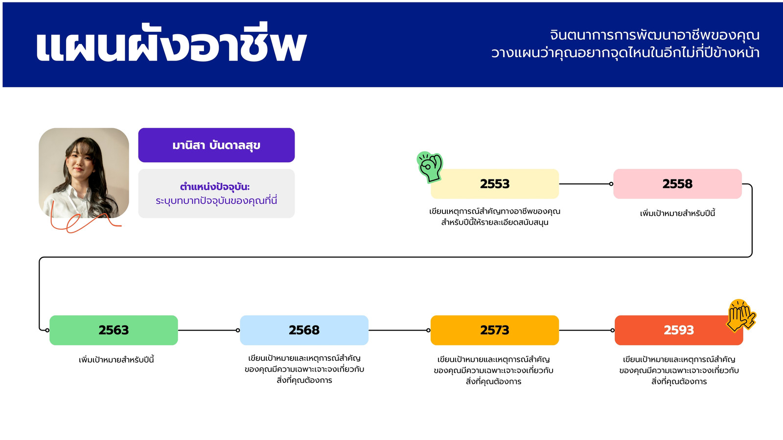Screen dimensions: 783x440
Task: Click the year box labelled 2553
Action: point(495,184)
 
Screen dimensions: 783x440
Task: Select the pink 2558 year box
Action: point(677,184)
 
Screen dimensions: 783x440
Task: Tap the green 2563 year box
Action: point(114,330)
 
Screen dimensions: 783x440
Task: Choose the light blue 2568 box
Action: point(304,330)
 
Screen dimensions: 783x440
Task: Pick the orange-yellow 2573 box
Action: point(495,330)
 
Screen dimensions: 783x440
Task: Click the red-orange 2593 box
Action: point(679,330)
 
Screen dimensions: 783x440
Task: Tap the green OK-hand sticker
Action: point(430,167)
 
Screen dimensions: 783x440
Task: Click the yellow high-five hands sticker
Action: point(741,315)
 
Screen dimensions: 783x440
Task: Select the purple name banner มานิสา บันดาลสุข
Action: point(216,145)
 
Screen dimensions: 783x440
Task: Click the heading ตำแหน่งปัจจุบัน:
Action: point(215,187)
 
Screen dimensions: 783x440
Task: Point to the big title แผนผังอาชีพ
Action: point(171,44)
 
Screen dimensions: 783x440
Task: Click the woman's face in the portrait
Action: point(80,164)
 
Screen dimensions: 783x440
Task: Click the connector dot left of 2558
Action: point(611,184)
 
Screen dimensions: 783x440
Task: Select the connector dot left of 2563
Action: point(47,330)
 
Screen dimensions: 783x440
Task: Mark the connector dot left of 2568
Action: point(238,330)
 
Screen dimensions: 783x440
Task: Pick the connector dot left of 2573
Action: point(428,330)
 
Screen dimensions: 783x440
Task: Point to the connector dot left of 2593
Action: point(612,330)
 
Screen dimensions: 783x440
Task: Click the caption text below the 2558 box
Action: point(677,213)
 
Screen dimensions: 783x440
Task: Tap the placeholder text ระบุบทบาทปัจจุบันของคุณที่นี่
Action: point(216,201)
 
